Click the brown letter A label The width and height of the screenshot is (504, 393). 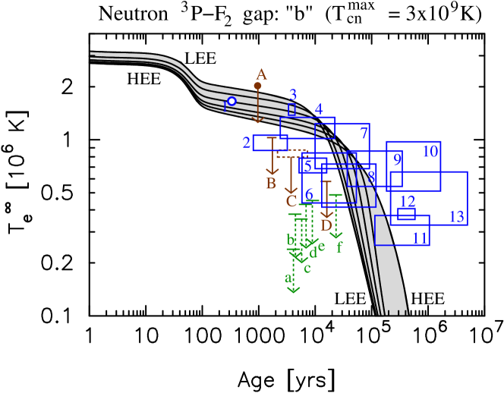coord(261,75)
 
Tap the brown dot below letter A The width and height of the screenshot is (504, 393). coord(257,86)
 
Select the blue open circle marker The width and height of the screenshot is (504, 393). coord(232,101)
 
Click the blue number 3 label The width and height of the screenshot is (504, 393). coord(293,96)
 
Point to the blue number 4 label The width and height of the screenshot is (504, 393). coord(319,109)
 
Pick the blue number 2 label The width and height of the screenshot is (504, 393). coord(247,143)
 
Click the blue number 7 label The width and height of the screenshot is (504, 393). coord(364,134)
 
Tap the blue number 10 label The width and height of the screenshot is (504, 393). coord(430,152)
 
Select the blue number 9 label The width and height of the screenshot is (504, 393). coord(397,160)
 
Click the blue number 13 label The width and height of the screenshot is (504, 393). coord(456,217)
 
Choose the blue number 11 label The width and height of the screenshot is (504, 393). coord(420,238)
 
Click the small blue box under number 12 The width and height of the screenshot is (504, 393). coord(406,214)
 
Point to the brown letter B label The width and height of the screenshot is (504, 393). coord(271,184)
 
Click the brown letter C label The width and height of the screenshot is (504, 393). coord(291,202)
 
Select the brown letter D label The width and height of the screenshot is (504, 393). coord(326,225)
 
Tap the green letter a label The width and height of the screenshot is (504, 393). coord(288,278)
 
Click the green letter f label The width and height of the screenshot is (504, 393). coord(339,247)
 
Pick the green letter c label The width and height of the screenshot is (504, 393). coord(307,268)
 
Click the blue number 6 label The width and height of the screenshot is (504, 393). coord(309,194)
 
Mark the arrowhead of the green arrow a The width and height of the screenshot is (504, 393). coord(294,290)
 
